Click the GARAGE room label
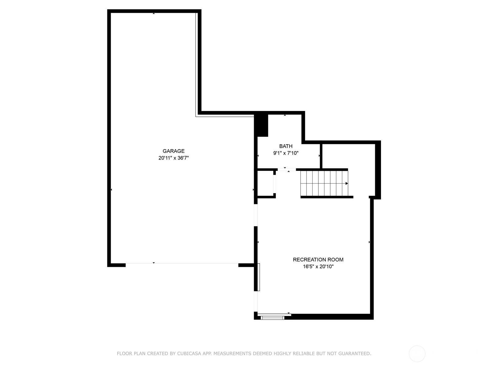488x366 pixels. point(174,151)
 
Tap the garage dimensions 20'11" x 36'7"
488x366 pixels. point(174,158)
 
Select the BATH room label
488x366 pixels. point(286,146)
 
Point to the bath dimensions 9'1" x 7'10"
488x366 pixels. point(286,153)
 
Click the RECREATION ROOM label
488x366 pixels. point(318,260)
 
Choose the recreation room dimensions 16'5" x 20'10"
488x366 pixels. point(318,267)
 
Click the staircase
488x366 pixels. point(324,183)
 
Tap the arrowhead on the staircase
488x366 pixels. point(346,183)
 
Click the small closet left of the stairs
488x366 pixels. point(265,183)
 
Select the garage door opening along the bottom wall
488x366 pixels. point(182,263)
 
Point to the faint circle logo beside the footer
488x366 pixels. point(417,354)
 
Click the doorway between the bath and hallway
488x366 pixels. point(287,170)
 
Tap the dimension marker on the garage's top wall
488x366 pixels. point(154,13)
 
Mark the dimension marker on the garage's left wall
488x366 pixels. point(111,189)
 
